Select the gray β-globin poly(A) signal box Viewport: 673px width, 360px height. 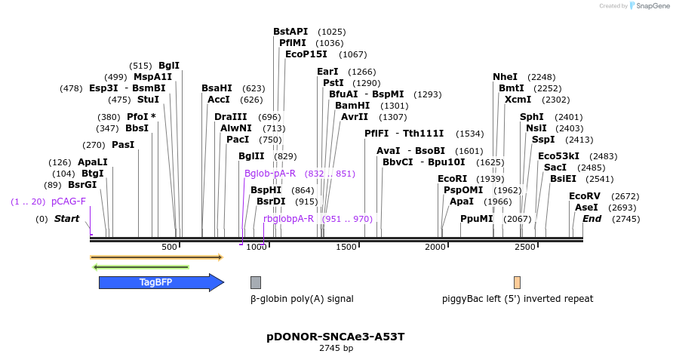(x=256, y=282)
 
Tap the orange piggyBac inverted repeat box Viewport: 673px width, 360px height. (x=517, y=282)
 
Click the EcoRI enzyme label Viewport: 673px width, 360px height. (x=452, y=179)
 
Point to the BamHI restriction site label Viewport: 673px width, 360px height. (x=352, y=106)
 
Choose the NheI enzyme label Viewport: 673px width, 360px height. (x=505, y=77)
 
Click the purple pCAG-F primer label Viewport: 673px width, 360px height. (x=69, y=202)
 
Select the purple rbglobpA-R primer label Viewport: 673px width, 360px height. (x=288, y=219)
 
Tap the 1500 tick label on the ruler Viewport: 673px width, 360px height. (x=346, y=247)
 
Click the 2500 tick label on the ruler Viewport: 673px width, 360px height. (x=524, y=247)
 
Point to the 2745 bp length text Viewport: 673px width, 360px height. (x=336, y=349)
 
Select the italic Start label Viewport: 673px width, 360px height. (x=66, y=219)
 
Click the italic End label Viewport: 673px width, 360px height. (x=592, y=219)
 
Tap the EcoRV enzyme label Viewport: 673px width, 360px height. (x=584, y=196)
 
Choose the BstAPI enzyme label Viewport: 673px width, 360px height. (x=290, y=32)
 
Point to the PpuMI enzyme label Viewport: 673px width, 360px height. (x=476, y=219)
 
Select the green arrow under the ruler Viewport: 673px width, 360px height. (x=140, y=266)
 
